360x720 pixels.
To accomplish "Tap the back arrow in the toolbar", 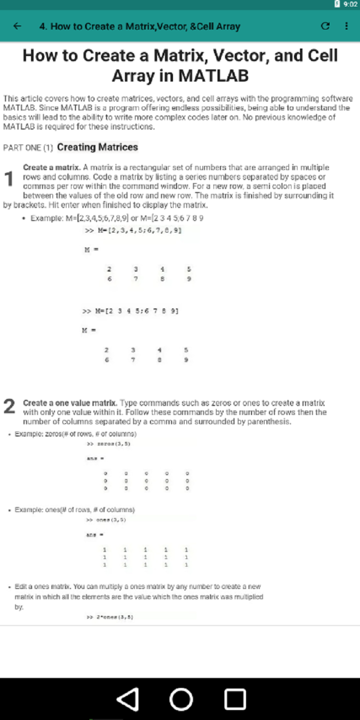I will click(x=17, y=26).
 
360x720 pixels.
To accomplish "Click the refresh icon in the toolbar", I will click(x=325, y=26).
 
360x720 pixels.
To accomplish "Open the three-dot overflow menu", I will click(x=346, y=26).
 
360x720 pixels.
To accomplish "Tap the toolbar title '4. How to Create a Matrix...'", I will click(x=140, y=26).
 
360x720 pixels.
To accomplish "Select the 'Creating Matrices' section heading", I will click(x=97, y=147).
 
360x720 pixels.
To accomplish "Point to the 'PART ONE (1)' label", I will click(x=28, y=148).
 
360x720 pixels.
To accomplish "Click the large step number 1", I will click(x=8, y=179).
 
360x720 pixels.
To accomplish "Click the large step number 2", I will click(x=9, y=406).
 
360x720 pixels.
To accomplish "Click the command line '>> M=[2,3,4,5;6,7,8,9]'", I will click(x=133, y=230).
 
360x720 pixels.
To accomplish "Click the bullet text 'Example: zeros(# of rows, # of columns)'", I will click(x=75, y=434).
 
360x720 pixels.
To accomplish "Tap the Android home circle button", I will click(x=181, y=699).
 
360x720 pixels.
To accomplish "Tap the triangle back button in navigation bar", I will click(x=127, y=699).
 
